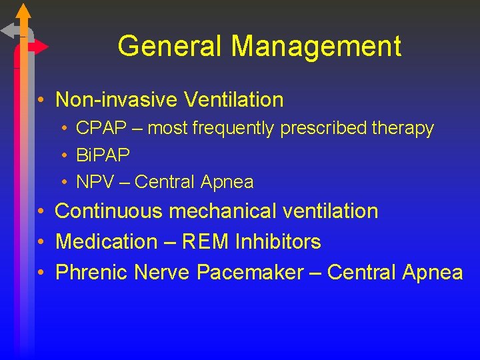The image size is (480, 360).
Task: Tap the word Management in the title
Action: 317,47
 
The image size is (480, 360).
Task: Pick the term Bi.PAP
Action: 103,155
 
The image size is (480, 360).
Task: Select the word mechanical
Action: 222,211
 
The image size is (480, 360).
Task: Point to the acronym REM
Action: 200,241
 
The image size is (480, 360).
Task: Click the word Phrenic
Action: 91,272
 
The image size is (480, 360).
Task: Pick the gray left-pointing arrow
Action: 10,31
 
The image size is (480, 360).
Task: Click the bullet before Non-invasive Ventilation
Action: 41,101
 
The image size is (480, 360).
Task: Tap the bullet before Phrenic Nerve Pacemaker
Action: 41,273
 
